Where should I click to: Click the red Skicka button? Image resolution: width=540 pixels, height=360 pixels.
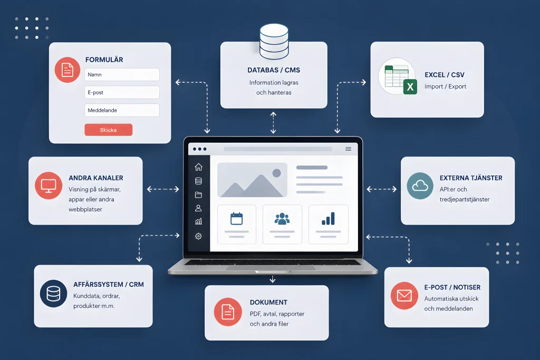pyautogui.click(x=109, y=130)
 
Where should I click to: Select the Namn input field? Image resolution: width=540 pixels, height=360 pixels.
pyautogui.click(x=122, y=74)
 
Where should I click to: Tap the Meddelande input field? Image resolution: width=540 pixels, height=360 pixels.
pyautogui.click(x=122, y=110)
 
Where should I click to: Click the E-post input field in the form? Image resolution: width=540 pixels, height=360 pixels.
pyautogui.click(x=122, y=92)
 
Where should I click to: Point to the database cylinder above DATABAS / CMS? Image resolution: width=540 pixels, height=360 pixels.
pyautogui.click(x=274, y=41)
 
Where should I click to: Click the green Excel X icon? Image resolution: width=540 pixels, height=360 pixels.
pyautogui.click(x=410, y=87)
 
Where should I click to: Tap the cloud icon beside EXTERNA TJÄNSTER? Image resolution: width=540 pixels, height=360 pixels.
pyautogui.click(x=420, y=186)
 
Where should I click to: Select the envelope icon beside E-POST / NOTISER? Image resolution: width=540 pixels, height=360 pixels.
pyautogui.click(x=404, y=296)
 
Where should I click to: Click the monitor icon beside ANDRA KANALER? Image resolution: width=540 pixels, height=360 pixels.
pyautogui.click(x=49, y=186)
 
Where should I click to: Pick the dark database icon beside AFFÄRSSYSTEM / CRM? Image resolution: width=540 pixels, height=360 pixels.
pyautogui.click(x=53, y=294)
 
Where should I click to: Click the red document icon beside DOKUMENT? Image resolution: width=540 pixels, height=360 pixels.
pyautogui.click(x=228, y=312)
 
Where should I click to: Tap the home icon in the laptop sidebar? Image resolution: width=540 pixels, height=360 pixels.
pyautogui.click(x=198, y=167)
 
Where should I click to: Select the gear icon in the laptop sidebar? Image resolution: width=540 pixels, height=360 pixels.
pyautogui.click(x=198, y=236)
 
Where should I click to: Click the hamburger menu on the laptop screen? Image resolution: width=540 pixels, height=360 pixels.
pyautogui.click(x=348, y=149)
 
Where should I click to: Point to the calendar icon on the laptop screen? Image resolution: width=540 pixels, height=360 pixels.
pyautogui.click(x=237, y=219)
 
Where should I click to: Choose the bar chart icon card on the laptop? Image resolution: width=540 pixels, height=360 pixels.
pyautogui.click(x=328, y=225)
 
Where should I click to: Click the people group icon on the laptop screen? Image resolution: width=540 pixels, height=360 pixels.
pyautogui.click(x=282, y=219)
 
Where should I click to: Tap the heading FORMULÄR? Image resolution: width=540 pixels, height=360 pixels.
pyautogui.click(x=104, y=60)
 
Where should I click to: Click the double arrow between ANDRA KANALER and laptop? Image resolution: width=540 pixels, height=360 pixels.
pyautogui.click(x=163, y=189)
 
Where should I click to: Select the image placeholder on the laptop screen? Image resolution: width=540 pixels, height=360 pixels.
pyautogui.click(x=253, y=180)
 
